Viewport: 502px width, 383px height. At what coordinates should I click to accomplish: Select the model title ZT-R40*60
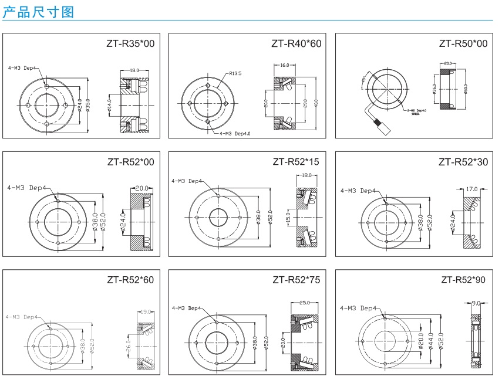click(x=297, y=44)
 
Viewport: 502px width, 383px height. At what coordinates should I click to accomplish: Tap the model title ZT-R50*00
click(x=463, y=44)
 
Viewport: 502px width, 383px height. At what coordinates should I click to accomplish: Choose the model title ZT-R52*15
click(x=297, y=162)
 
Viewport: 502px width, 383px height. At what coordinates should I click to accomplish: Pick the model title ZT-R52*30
click(x=463, y=162)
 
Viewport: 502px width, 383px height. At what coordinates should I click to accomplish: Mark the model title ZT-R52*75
click(x=297, y=280)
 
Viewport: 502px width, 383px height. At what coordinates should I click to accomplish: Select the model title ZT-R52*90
click(x=463, y=280)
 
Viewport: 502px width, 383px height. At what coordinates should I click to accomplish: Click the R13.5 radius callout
click(x=235, y=74)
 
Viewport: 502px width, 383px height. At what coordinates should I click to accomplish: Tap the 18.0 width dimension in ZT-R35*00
click(x=134, y=70)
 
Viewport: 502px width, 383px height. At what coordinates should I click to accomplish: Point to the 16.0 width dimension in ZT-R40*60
click(x=285, y=65)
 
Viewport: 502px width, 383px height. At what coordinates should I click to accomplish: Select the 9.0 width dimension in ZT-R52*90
click(x=476, y=303)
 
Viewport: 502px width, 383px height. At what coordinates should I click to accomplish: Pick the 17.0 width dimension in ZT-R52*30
click(x=471, y=189)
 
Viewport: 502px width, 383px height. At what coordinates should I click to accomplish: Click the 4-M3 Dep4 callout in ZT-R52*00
click(x=27, y=188)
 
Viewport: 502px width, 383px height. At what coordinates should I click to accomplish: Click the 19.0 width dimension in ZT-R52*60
click(x=146, y=312)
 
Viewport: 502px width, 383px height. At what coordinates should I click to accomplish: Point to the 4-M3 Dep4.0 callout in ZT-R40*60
click(x=235, y=134)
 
